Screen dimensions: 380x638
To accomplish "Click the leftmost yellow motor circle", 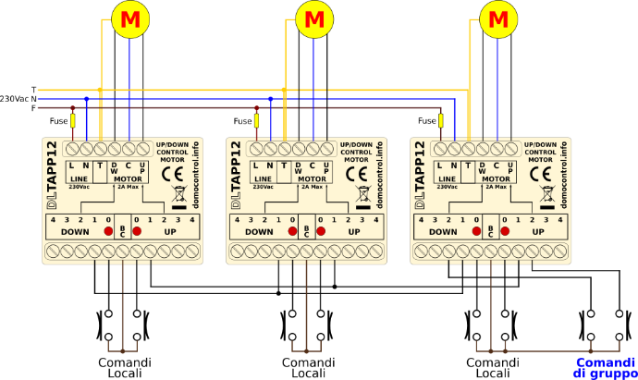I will pyautogui.click(x=130, y=19).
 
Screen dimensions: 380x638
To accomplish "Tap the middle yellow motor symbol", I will pyautogui.click(x=314, y=19).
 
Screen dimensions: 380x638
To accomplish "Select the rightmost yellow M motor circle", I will pyautogui.click(x=498, y=19).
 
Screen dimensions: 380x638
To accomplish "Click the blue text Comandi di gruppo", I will pyautogui.click(x=606, y=368).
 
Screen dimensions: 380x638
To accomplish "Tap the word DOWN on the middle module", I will pyautogui.click(x=259, y=232).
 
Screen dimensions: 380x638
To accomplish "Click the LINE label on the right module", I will pyautogui.click(x=447, y=178).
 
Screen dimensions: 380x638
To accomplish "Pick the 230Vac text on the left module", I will pyautogui.click(x=80, y=187).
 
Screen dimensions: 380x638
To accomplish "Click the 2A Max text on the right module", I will pyautogui.click(x=496, y=187).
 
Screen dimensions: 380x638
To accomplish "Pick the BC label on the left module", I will pyautogui.click(x=122, y=232).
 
